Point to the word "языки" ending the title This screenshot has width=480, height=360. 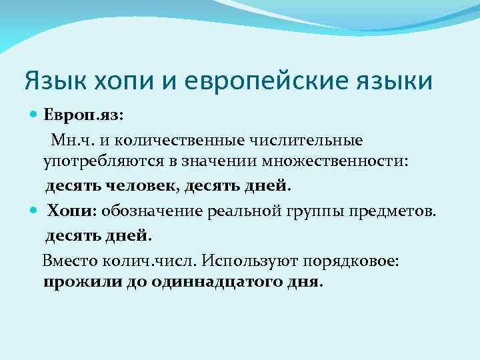coord(397,82)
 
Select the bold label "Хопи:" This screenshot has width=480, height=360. coord(71,211)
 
